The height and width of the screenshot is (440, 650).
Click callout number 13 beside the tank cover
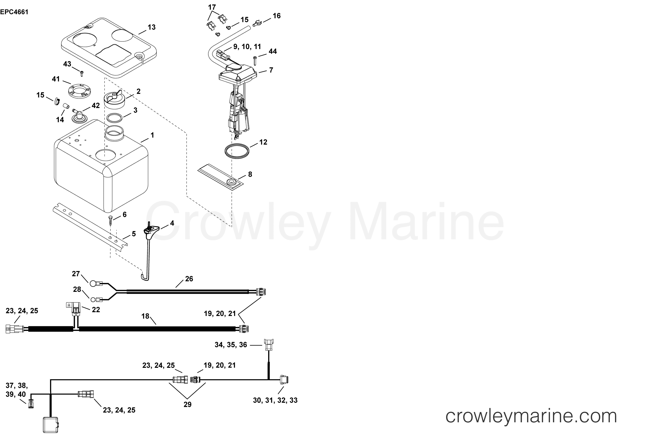click(x=152, y=27)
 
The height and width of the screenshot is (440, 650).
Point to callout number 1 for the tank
click(x=152, y=135)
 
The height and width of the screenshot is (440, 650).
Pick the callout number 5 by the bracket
click(x=134, y=234)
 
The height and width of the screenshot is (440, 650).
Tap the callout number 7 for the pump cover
click(x=271, y=70)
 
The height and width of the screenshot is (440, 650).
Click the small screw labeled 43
click(x=81, y=74)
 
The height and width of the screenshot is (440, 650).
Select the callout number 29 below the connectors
click(x=187, y=404)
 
